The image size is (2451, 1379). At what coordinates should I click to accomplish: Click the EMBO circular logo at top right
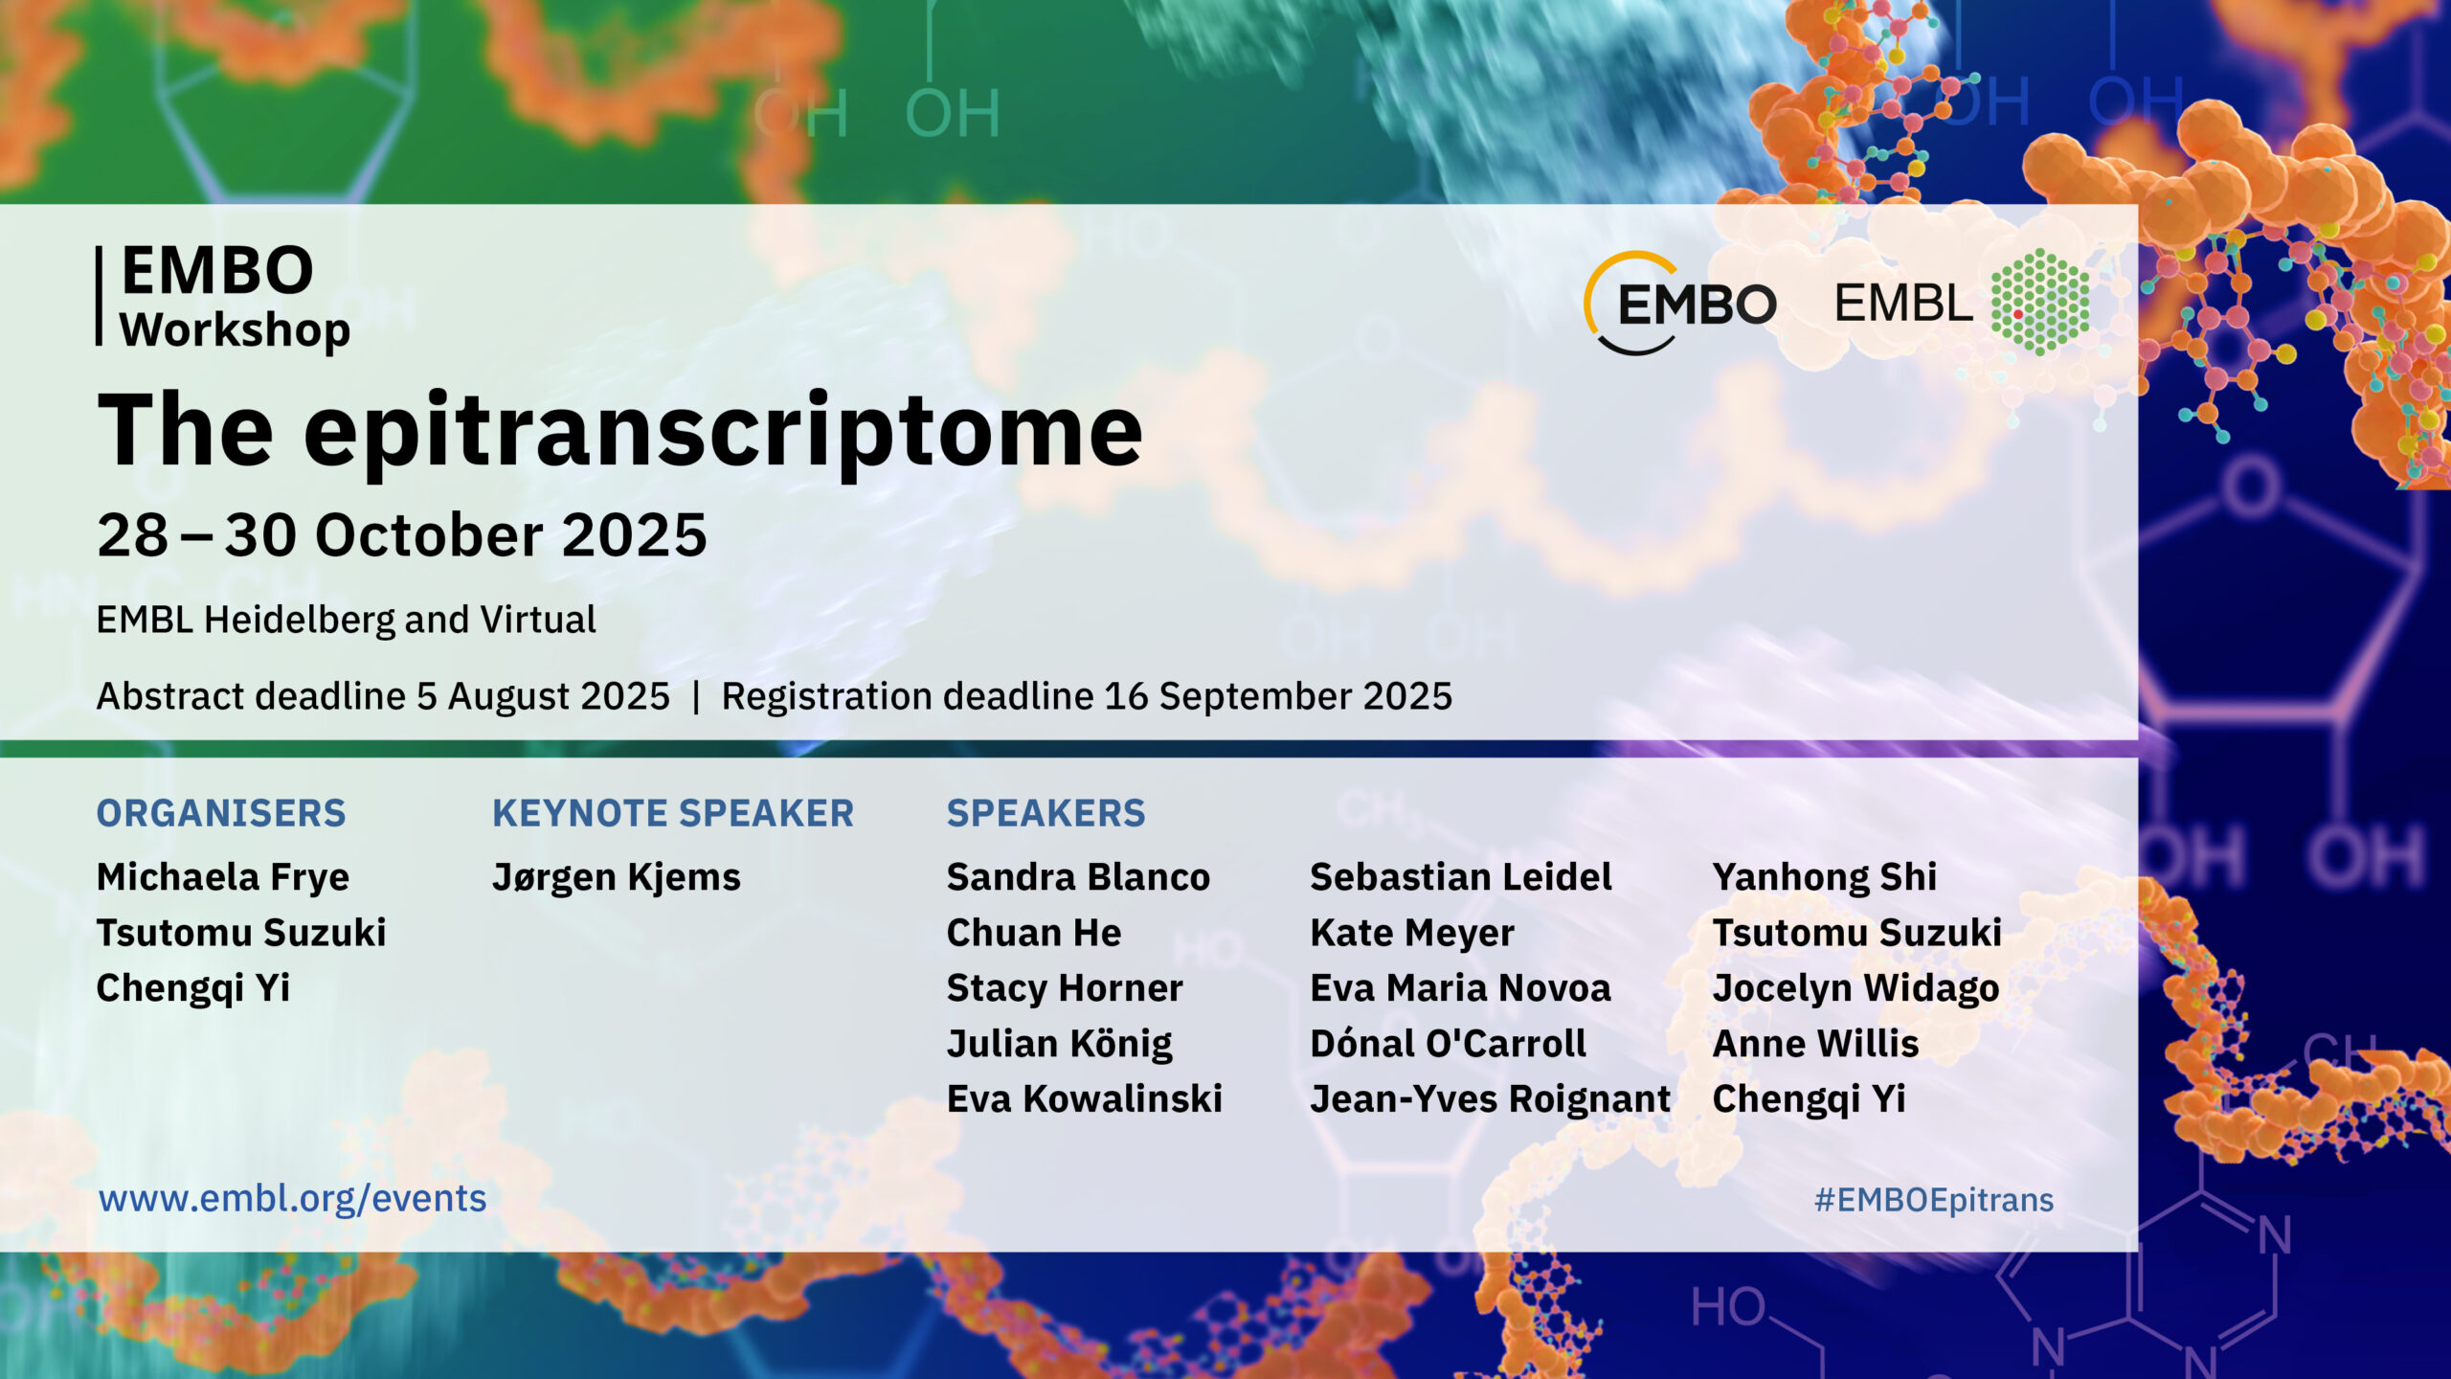point(1681,304)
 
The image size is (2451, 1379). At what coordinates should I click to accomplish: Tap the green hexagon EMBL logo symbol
point(2040,302)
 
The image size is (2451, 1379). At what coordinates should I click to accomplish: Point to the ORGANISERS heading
point(221,813)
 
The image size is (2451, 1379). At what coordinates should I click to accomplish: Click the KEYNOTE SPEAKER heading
point(673,813)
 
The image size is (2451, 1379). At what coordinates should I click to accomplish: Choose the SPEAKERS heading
point(1046,813)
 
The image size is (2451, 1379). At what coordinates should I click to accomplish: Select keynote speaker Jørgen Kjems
point(617,878)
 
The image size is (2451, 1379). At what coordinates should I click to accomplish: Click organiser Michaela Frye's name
point(223,878)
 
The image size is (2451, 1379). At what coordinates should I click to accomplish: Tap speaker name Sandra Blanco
point(1079,877)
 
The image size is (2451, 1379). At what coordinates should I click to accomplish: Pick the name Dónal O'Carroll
point(1449,1044)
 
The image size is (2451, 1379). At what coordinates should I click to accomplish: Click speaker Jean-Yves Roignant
point(1491,1100)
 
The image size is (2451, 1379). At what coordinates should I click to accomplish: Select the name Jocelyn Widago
point(1856,989)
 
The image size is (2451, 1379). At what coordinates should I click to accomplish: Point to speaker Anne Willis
point(1816,1044)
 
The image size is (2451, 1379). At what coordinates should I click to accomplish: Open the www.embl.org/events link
point(293,1199)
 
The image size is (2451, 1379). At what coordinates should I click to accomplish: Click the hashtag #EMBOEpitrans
point(1934,1200)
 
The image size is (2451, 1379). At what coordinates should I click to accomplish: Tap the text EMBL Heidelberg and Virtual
point(347,621)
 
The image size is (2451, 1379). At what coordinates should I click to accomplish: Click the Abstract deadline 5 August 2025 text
point(383,696)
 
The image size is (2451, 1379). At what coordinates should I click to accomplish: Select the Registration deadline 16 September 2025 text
point(1087,696)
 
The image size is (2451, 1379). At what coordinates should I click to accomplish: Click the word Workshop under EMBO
point(236,330)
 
